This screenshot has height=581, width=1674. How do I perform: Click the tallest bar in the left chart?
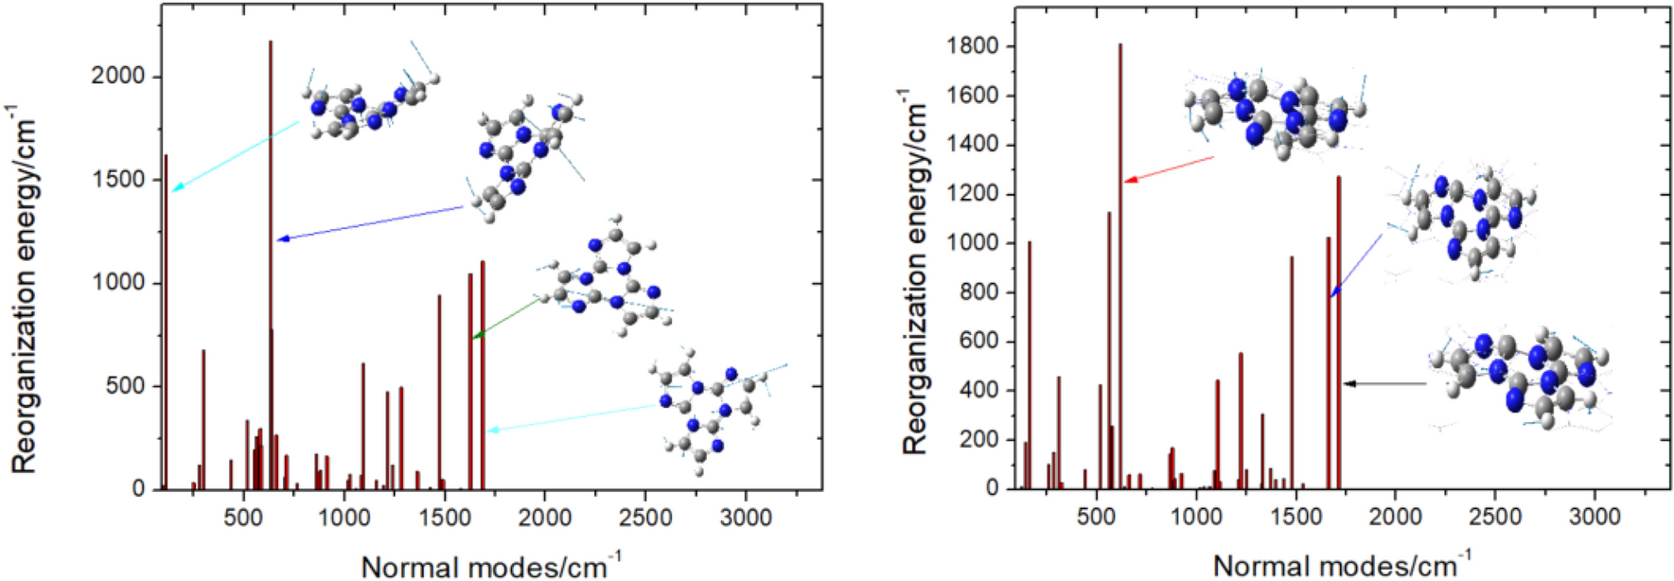[x=271, y=265]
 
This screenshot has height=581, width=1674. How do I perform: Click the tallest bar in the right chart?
[x=1120, y=265]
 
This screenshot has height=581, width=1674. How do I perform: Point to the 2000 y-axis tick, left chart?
[x=117, y=77]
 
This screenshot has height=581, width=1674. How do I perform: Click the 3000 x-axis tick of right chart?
[x=1595, y=517]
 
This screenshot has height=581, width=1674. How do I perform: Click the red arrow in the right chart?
[x=1169, y=168]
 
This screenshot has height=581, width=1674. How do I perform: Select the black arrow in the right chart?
[x=1385, y=383]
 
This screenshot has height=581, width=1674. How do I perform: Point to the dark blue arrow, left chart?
[x=374, y=222]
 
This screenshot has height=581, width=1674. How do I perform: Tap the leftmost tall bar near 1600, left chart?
[x=166, y=322]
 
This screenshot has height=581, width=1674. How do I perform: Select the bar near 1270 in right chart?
[x=1339, y=331]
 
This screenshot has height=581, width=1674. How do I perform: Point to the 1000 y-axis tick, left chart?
[x=117, y=283]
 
